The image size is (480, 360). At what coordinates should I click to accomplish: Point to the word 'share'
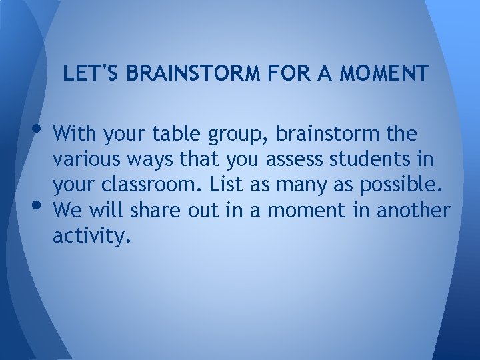(151, 211)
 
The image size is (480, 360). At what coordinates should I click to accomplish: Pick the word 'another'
(413, 211)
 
